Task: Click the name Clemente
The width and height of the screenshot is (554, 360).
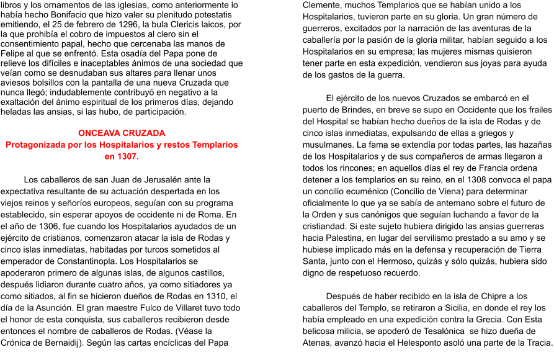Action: point(320,5)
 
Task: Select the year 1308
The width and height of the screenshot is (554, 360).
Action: point(476,179)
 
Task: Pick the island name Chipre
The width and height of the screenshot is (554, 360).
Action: point(489,296)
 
